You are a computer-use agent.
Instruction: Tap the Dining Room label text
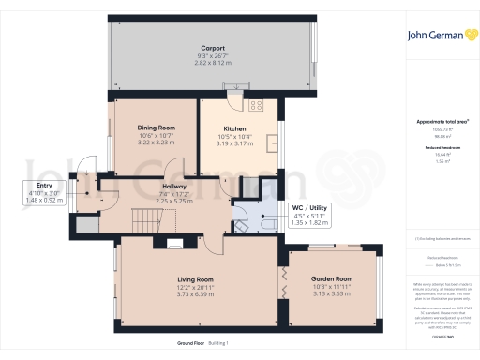pyautogui.click(x=157, y=127)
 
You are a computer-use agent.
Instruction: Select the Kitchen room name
pyautogui.click(x=234, y=129)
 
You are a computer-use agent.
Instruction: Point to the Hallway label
pyautogui.click(x=173, y=186)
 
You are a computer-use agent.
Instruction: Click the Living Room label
pyautogui.click(x=197, y=279)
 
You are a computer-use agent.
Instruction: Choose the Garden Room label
pyautogui.click(x=333, y=278)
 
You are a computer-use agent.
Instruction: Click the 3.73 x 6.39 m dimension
pyautogui.click(x=197, y=294)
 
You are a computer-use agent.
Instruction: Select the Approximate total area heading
pyautogui.click(x=441, y=123)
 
